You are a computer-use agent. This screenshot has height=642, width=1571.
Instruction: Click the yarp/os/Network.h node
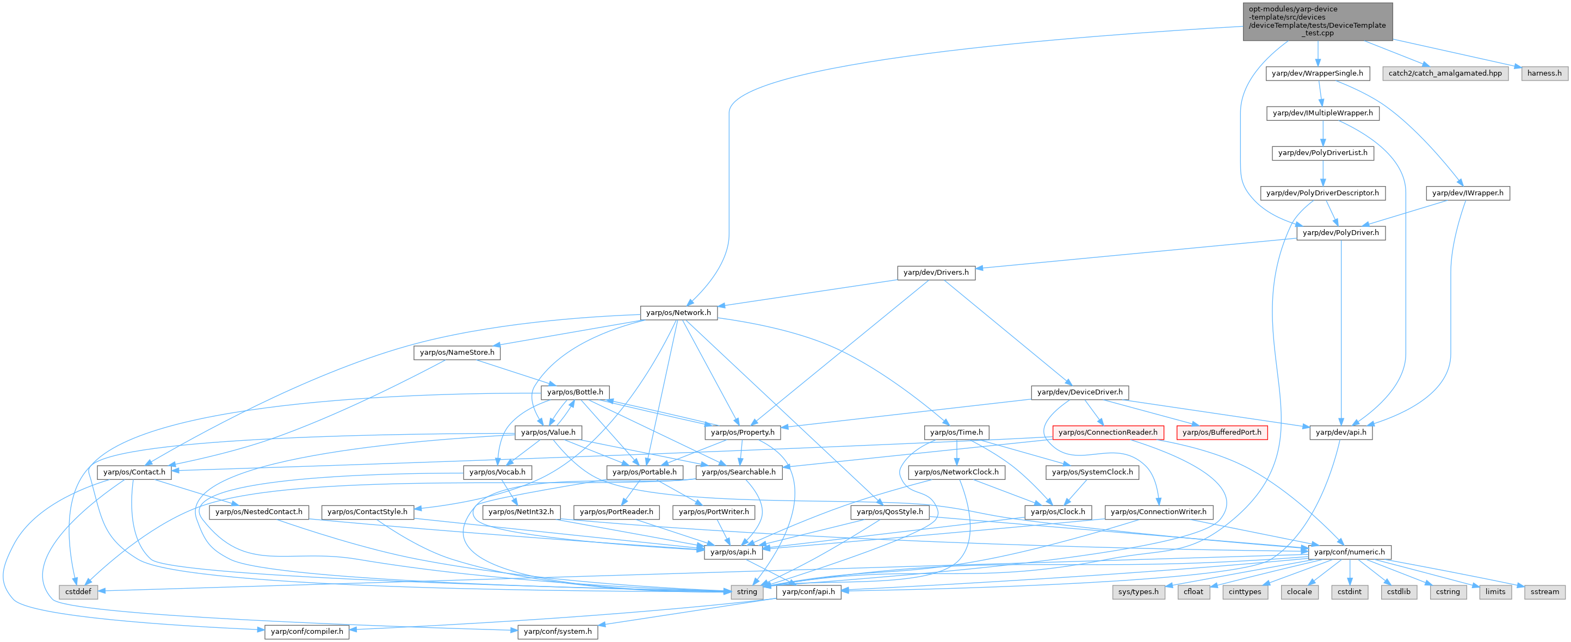coord(678,313)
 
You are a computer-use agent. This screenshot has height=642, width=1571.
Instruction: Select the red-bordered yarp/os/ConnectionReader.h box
coord(1108,433)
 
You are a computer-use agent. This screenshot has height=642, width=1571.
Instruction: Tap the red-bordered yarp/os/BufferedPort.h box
coord(1222,433)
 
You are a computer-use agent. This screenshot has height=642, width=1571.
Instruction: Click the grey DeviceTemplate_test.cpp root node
coord(1318,21)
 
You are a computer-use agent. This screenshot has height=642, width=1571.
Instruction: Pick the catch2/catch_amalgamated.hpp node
coord(1445,73)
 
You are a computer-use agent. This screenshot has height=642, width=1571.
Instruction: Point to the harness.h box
coord(1544,73)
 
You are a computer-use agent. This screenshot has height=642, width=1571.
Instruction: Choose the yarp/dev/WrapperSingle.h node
coord(1318,73)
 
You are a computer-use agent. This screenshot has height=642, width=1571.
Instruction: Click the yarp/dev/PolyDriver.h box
coord(1340,233)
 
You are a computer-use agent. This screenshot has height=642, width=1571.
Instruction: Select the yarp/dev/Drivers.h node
coord(936,273)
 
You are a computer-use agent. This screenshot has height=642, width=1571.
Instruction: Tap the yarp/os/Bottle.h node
coord(575,392)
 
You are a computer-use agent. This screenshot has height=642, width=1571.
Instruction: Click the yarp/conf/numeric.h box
coord(1349,552)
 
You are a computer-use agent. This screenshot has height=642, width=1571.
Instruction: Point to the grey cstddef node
coord(79,591)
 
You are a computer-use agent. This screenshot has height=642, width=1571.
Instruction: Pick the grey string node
coord(746,591)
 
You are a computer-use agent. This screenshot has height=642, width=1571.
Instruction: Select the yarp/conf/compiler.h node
coord(307,631)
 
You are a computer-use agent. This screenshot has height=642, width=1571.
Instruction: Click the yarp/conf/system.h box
coord(558,631)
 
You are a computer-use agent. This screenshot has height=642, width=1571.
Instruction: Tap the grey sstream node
coord(1544,591)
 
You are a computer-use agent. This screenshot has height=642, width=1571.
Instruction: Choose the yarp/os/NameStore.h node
coord(457,353)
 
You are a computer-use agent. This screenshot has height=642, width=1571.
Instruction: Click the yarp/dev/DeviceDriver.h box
coord(1079,392)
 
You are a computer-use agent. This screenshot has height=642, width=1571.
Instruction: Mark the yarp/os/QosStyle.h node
coord(889,511)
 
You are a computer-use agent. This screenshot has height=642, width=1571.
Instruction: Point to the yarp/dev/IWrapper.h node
coord(1467,193)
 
